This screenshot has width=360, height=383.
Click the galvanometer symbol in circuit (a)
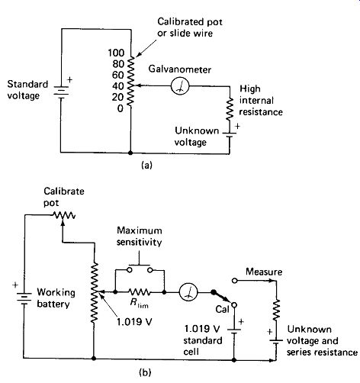[x=180, y=86]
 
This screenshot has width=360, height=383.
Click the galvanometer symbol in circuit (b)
[x=188, y=292]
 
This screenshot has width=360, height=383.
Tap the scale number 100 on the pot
[x=116, y=53]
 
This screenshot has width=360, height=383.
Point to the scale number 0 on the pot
[x=121, y=108]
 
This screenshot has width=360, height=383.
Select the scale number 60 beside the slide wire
[x=118, y=75]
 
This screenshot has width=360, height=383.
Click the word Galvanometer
[x=180, y=69]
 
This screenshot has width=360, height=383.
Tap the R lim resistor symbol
[x=139, y=292]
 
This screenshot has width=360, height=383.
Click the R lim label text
[x=139, y=303]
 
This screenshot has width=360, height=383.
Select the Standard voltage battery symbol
[x=61, y=92]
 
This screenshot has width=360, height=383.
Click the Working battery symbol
[x=24, y=298]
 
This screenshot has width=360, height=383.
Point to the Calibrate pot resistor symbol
[x=64, y=215]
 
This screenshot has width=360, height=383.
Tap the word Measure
[x=264, y=272]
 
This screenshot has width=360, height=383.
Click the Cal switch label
[x=223, y=309]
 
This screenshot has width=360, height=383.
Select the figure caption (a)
[x=146, y=166]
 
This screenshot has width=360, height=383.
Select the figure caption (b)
[x=145, y=372]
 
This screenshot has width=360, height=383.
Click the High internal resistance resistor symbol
[x=230, y=109]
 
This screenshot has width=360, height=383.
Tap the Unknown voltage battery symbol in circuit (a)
[x=229, y=135]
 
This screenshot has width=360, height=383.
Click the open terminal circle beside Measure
[x=235, y=281]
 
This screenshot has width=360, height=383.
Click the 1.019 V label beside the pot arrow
[x=134, y=322]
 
